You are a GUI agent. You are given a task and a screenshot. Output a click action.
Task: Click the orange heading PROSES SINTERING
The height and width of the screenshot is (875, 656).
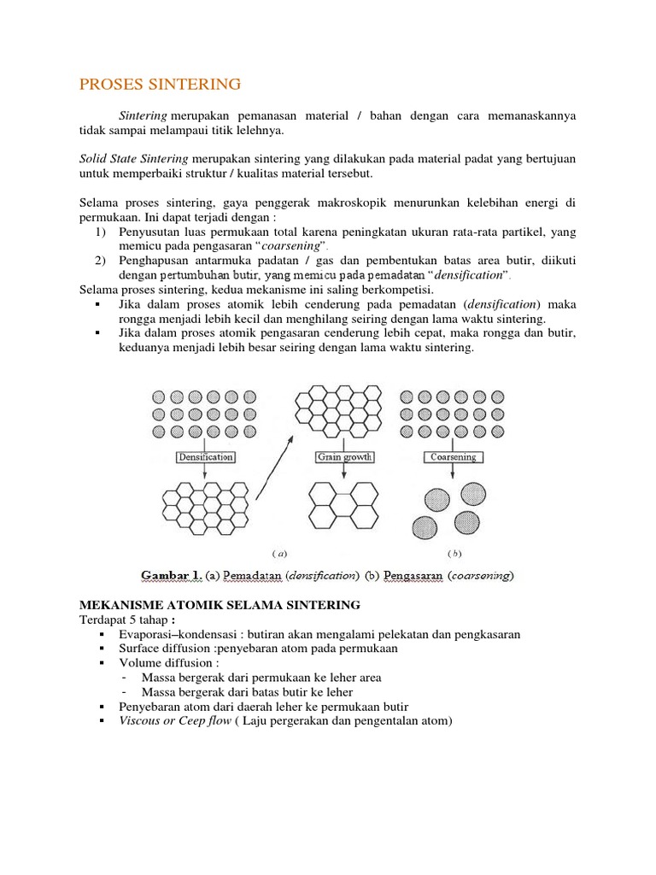161,84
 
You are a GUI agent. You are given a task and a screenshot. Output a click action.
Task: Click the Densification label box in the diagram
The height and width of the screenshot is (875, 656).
205,457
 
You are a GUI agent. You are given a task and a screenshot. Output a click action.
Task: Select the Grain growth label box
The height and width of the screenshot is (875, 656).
345,457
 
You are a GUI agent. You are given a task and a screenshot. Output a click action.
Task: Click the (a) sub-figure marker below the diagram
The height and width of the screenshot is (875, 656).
278,552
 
